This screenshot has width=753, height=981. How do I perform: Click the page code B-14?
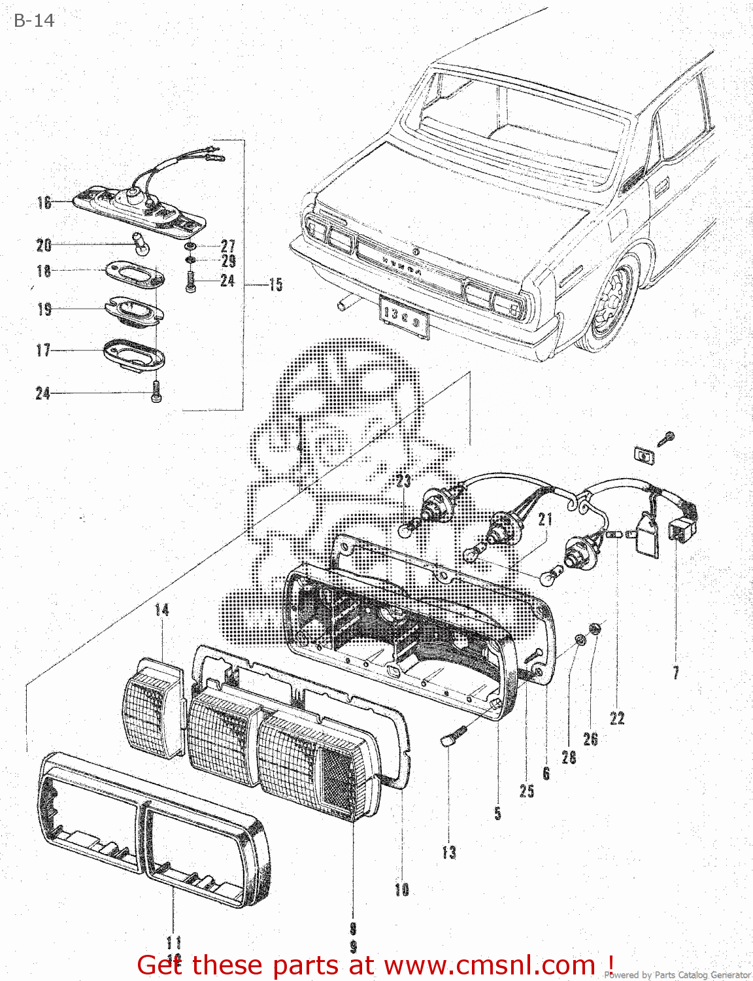[x=34, y=21]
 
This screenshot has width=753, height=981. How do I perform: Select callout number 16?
[x=44, y=203]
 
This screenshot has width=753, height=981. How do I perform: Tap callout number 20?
[x=44, y=245]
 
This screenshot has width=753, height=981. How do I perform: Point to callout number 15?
[x=276, y=284]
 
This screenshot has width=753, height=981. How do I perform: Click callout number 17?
[x=43, y=351]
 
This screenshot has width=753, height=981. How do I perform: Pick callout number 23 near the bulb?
[x=403, y=481]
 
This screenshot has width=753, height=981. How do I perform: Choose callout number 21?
[x=545, y=519]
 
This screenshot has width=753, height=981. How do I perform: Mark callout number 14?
[x=161, y=610]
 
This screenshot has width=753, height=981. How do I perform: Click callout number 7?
[x=676, y=672]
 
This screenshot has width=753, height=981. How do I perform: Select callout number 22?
[x=617, y=718]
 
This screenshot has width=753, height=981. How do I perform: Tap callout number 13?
[x=449, y=852]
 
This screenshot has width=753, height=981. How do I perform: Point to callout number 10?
[x=402, y=889]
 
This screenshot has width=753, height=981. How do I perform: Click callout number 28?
[x=569, y=757]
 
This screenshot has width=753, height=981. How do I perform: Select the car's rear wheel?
[x=612, y=305]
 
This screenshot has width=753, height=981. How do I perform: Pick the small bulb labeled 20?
[x=141, y=243]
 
